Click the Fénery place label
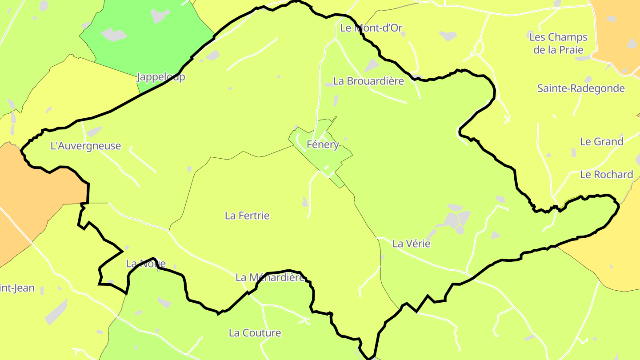(323, 144)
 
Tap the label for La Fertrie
(247, 216)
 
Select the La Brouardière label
(368, 81)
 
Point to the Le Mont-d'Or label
(371, 28)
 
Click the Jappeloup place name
(161, 77)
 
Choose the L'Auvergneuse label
(86, 146)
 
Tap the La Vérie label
(411, 244)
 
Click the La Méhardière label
(270, 278)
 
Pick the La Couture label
(255, 333)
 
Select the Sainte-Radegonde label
(581, 88)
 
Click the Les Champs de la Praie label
(558, 43)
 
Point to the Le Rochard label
(606, 175)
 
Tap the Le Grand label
(601, 142)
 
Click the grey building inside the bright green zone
(114, 34)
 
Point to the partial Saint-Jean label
(17, 288)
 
